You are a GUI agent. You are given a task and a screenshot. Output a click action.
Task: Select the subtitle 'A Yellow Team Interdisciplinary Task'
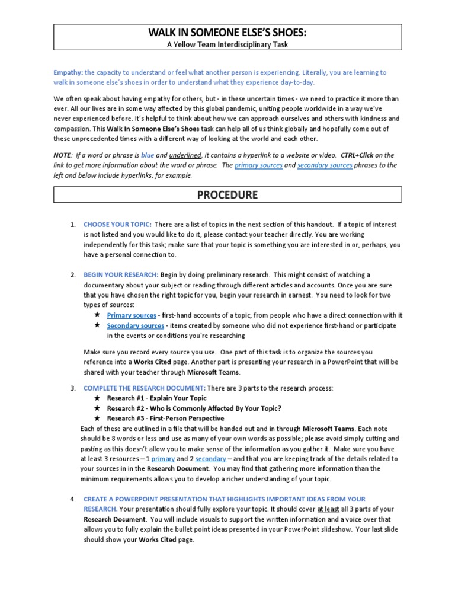227,44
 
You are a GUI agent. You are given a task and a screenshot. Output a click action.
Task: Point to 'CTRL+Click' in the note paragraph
355,155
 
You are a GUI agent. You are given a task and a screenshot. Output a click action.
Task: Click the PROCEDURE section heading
227,195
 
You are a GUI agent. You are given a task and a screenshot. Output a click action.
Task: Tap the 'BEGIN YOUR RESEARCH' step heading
121,275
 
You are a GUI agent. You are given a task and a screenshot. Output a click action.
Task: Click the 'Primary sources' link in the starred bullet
132,315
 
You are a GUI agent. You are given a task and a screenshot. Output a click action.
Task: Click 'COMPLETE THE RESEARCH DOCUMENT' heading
145,388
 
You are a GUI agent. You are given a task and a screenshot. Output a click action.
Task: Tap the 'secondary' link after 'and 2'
211,459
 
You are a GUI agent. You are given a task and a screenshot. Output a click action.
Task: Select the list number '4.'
73,499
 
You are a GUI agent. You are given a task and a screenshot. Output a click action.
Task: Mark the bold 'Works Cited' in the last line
157,540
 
